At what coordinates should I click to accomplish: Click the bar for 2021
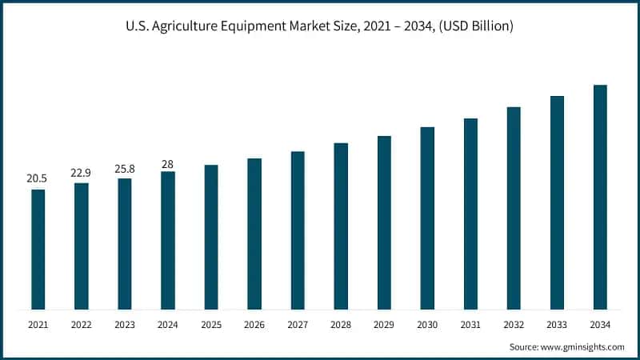(38, 249)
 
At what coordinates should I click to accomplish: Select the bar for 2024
(167, 240)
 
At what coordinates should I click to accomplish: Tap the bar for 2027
(298, 230)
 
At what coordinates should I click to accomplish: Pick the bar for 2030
(427, 218)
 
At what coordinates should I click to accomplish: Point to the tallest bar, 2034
(600, 197)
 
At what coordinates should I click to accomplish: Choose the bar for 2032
(514, 208)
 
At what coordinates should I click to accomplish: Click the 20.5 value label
(37, 178)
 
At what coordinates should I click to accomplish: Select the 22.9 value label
(81, 172)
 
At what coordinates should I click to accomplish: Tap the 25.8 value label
(124, 168)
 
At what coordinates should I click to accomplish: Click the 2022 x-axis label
(81, 326)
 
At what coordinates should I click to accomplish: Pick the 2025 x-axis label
(210, 326)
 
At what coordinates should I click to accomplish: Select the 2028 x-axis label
(341, 326)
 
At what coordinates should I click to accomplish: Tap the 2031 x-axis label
(470, 326)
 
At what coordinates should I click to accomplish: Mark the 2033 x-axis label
(557, 326)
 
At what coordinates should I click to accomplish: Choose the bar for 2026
(254, 234)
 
